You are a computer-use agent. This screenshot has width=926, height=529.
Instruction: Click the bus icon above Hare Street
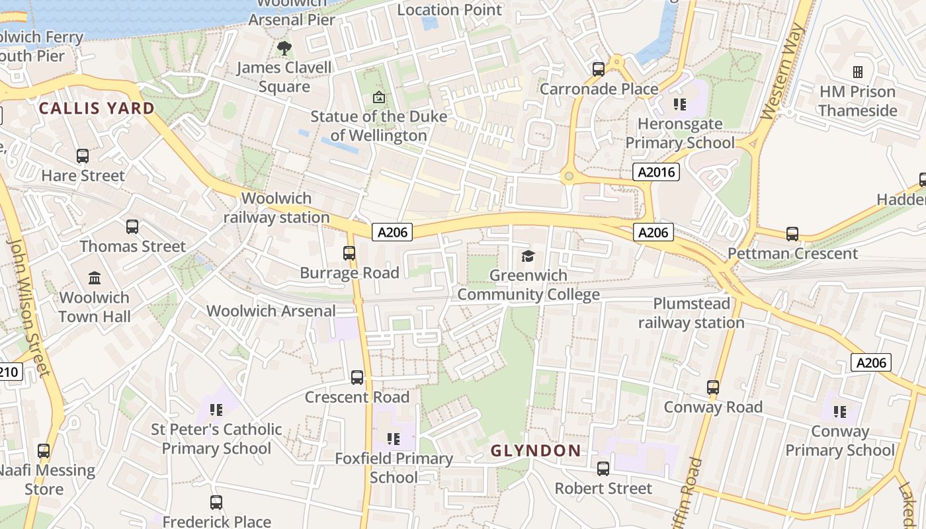point(83,156)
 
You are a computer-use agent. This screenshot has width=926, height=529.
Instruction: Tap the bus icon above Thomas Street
point(132,227)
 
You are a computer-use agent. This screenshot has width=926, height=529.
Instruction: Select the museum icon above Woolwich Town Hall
point(95,278)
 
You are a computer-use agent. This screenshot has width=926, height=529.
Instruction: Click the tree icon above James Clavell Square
point(284,48)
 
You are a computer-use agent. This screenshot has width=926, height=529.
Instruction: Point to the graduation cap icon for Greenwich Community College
point(528,256)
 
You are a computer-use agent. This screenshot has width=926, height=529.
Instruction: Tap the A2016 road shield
point(656,173)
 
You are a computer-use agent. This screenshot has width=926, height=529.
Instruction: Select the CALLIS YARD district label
point(97,108)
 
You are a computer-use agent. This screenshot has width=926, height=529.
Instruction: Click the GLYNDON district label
point(536,451)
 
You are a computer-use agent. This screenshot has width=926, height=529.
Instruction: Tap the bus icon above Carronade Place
point(599,69)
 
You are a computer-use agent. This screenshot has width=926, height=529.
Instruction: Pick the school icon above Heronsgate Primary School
point(679,104)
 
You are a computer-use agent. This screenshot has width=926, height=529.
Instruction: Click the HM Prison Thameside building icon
point(857,71)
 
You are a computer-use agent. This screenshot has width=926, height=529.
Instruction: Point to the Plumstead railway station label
point(691,313)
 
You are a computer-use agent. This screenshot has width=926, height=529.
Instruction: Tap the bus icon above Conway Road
point(712,387)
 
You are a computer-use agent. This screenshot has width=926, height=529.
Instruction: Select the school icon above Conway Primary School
point(840,412)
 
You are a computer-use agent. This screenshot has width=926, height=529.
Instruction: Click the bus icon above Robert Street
point(603,469)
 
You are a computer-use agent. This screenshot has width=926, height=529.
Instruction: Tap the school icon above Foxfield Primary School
point(394,438)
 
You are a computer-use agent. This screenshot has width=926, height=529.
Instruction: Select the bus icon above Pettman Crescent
point(792,233)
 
